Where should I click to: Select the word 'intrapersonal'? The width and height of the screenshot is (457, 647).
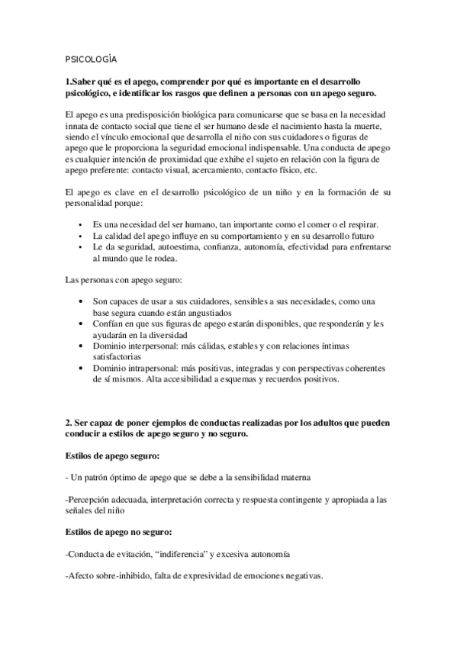[153, 369]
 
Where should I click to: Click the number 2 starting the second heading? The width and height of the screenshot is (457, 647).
[68, 423]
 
